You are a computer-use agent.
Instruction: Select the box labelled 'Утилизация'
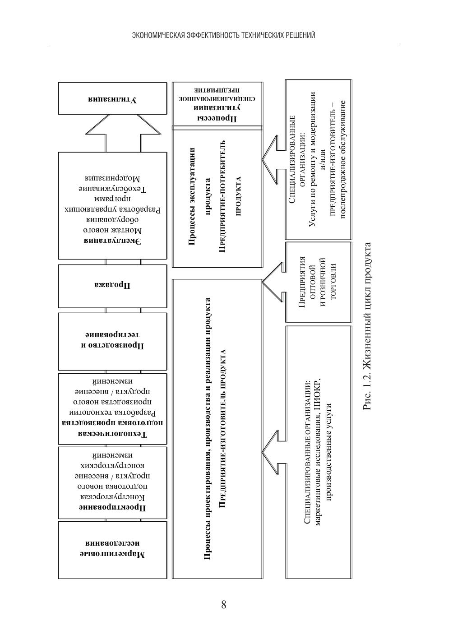(x=112, y=98)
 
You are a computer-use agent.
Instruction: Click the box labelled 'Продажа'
(x=112, y=286)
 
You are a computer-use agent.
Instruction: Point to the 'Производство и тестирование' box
(x=112, y=341)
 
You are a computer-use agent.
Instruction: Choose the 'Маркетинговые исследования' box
(x=112, y=549)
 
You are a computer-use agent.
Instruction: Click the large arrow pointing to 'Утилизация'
(x=123, y=132)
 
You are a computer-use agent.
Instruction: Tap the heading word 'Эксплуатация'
(x=113, y=241)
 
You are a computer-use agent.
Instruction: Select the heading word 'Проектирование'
(x=113, y=508)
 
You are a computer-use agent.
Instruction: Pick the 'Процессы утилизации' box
(x=217, y=104)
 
